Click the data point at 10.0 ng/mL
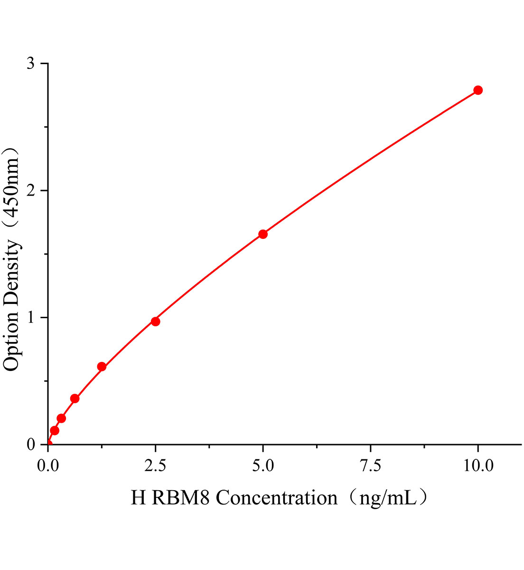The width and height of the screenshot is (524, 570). pyautogui.click(x=478, y=90)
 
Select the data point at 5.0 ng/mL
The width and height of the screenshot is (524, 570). pyautogui.click(x=263, y=234)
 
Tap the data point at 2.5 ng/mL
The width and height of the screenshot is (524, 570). pyautogui.click(x=155, y=322)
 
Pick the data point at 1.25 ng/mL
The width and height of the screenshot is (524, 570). pyautogui.click(x=102, y=367)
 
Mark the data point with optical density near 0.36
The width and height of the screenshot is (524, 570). pyautogui.click(x=75, y=399)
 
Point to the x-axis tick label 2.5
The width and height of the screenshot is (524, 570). pyautogui.click(x=155, y=466)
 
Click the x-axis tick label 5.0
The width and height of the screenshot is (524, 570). pyautogui.click(x=263, y=466)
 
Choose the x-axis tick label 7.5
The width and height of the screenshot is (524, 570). pyautogui.click(x=370, y=466)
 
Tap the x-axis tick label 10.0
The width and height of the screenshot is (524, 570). pyautogui.click(x=478, y=466)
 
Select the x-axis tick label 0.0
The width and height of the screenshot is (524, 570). pyautogui.click(x=48, y=466)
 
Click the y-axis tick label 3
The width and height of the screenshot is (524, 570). pyautogui.click(x=31, y=64)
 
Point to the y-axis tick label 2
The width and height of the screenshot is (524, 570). pyautogui.click(x=31, y=190)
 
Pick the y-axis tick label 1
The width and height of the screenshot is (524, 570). pyautogui.click(x=31, y=317)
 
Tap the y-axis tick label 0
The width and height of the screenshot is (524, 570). pyautogui.click(x=31, y=445)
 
